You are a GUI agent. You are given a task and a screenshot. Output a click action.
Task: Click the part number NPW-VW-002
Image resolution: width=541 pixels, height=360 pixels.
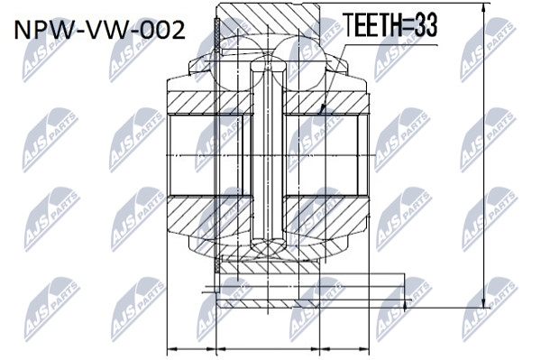point(100,30)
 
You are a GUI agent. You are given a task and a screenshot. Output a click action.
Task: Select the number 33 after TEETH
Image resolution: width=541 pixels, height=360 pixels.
point(426,25)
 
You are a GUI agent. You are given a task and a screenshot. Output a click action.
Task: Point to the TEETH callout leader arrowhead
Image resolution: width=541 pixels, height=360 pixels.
point(322,109)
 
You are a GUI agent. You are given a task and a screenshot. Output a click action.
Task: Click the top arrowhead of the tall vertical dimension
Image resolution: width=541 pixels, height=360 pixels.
point(485,7)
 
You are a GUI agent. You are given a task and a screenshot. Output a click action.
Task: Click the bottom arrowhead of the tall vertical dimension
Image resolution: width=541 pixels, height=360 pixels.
point(485,302)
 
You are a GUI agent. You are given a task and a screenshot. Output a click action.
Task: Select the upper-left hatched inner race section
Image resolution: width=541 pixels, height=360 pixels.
point(209,103)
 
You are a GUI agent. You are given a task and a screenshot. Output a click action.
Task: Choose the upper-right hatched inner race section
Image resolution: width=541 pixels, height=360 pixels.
point(326,103)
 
